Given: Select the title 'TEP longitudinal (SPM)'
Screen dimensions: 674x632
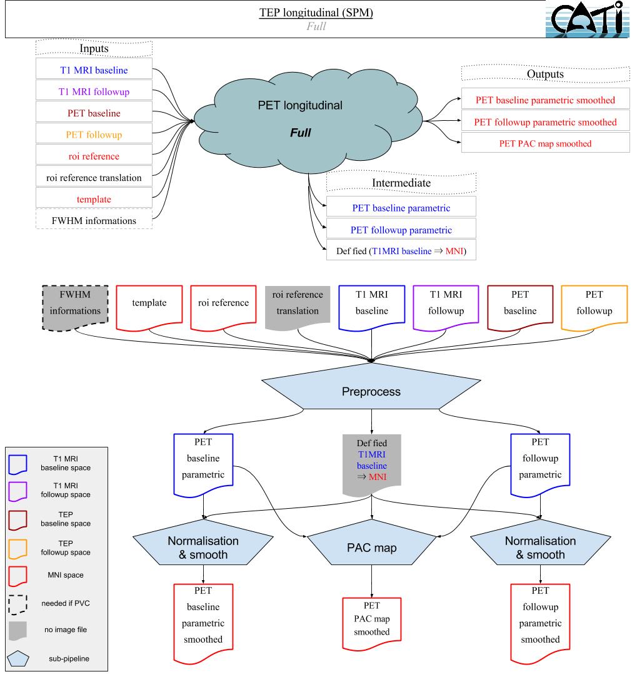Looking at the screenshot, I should [316, 14].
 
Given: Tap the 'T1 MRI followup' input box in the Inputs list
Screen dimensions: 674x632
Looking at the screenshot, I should [94, 91].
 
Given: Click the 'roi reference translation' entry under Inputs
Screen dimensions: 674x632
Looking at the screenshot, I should [94, 177].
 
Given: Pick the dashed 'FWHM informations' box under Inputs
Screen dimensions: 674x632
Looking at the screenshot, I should [94, 220].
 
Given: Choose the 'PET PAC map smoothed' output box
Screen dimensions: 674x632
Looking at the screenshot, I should [545, 143].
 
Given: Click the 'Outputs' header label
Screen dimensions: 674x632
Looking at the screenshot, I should [545, 74].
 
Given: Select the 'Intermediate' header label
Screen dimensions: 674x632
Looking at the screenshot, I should [401, 183].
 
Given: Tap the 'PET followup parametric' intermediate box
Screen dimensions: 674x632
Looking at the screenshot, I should [401, 229].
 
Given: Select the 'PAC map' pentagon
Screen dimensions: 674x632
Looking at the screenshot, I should [372, 547].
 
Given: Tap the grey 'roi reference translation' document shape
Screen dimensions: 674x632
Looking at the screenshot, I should [298, 304].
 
